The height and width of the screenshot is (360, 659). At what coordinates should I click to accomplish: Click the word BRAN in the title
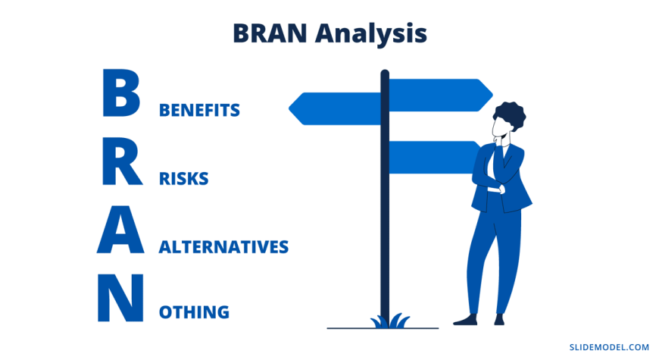[x=270, y=33]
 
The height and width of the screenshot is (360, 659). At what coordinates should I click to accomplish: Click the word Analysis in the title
[x=371, y=34]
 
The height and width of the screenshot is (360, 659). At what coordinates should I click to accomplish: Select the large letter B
[x=121, y=93]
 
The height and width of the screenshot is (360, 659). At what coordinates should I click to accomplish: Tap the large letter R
[x=122, y=161]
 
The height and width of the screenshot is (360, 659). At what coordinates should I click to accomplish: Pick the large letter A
[x=120, y=230]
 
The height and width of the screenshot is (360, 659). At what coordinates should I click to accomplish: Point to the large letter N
[x=120, y=298]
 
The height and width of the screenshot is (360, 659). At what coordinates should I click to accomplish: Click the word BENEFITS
[x=199, y=110]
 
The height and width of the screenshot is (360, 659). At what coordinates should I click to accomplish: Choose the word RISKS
[x=183, y=179]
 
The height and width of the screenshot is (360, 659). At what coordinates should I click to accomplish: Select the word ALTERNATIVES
[x=223, y=247]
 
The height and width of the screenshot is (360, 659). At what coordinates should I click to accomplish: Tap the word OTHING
[x=194, y=312]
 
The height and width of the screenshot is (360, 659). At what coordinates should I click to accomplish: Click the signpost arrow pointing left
[x=335, y=108]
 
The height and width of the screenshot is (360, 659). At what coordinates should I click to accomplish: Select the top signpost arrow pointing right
[x=440, y=95]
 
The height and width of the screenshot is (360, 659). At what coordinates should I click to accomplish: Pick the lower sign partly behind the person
[x=433, y=158]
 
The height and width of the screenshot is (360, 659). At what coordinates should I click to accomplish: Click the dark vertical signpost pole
[x=385, y=198]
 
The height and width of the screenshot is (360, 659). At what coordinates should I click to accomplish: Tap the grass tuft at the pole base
[x=389, y=321]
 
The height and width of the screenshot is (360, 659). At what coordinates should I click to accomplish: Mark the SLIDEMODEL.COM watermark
[x=609, y=347]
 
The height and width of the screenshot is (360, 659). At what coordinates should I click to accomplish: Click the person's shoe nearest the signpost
[x=466, y=320]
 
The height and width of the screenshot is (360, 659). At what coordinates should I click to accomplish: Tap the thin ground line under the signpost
[x=383, y=328]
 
